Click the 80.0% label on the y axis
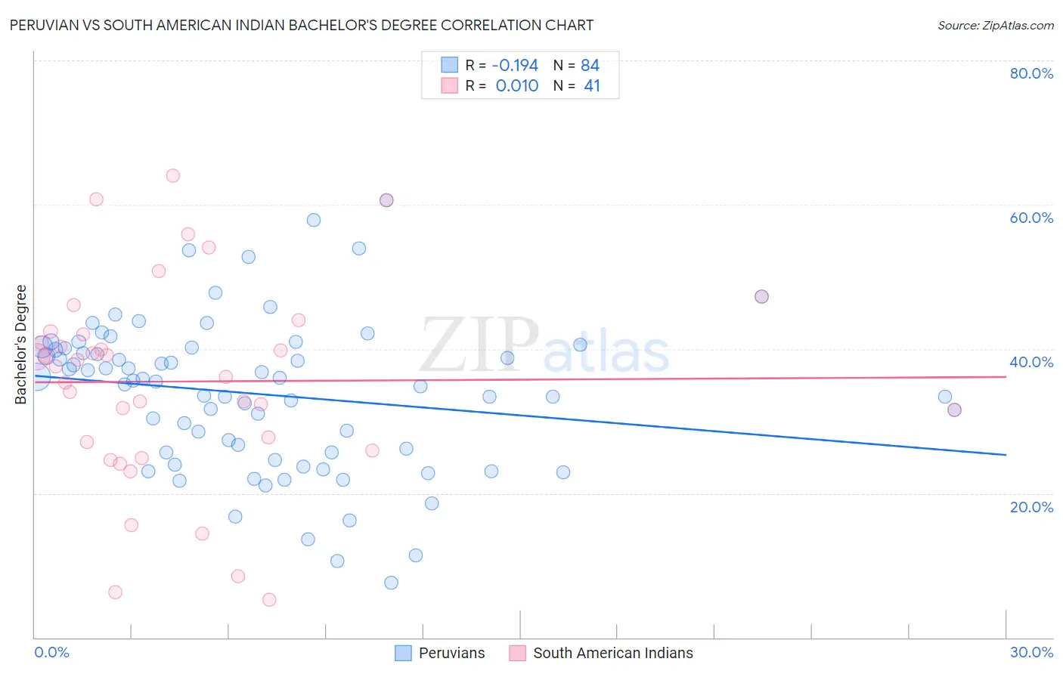pyautogui.click(x=1031, y=73)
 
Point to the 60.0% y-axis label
pyautogui.click(x=1031, y=218)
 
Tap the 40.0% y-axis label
pyautogui.click(x=1031, y=362)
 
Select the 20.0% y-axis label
pyautogui.click(x=1031, y=507)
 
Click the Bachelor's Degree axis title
pyautogui.click(x=21, y=345)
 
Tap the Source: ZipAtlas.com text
pyautogui.click(x=995, y=25)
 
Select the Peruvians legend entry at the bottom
pyautogui.click(x=451, y=653)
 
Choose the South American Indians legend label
pyautogui.click(x=612, y=653)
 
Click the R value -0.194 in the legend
pyautogui.click(x=515, y=65)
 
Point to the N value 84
pyautogui.click(x=590, y=65)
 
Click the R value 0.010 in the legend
pyautogui.click(x=517, y=86)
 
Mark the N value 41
pyautogui.click(x=592, y=86)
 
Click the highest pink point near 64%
pyautogui.click(x=172, y=175)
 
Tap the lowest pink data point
pyautogui.click(x=269, y=600)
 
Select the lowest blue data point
pyautogui.click(x=391, y=583)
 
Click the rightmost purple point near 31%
pyautogui.click(x=954, y=410)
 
